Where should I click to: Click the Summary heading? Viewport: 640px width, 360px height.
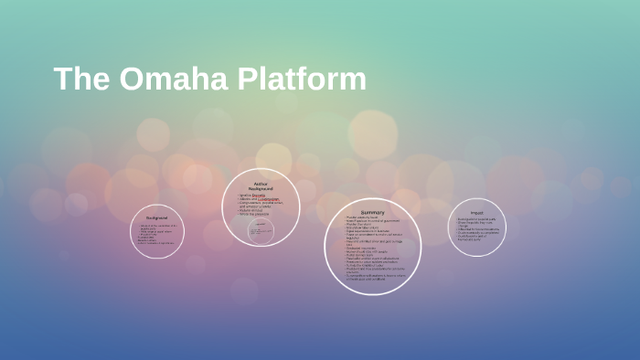click(372, 213)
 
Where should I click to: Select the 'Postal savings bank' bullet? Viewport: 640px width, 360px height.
click(361, 254)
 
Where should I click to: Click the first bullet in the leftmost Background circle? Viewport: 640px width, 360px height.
click(157, 226)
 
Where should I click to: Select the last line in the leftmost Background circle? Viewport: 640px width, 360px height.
click(156, 243)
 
